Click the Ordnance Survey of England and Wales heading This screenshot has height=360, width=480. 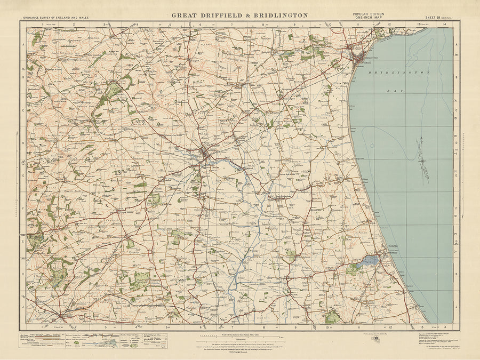pyautogui.click(x=56, y=18)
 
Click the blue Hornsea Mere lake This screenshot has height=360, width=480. pyautogui.click(x=368, y=261)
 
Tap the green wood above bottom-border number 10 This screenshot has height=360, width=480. pyautogui.click(x=332, y=317)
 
